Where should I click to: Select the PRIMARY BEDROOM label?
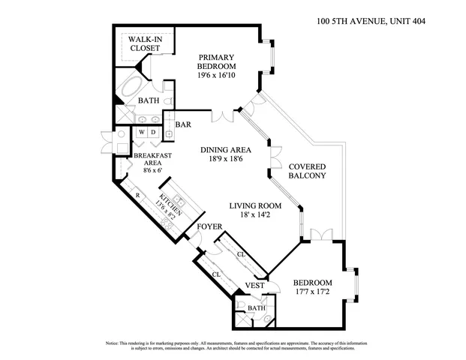(x=216, y=66)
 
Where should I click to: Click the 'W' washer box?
(x=140, y=133)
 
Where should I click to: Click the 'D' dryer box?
(x=152, y=133)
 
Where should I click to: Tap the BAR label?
(x=182, y=124)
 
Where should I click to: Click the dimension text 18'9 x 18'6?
(x=226, y=160)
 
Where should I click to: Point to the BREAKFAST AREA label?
(x=153, y=160)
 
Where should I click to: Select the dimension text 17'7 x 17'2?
(x=308, y=295)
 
